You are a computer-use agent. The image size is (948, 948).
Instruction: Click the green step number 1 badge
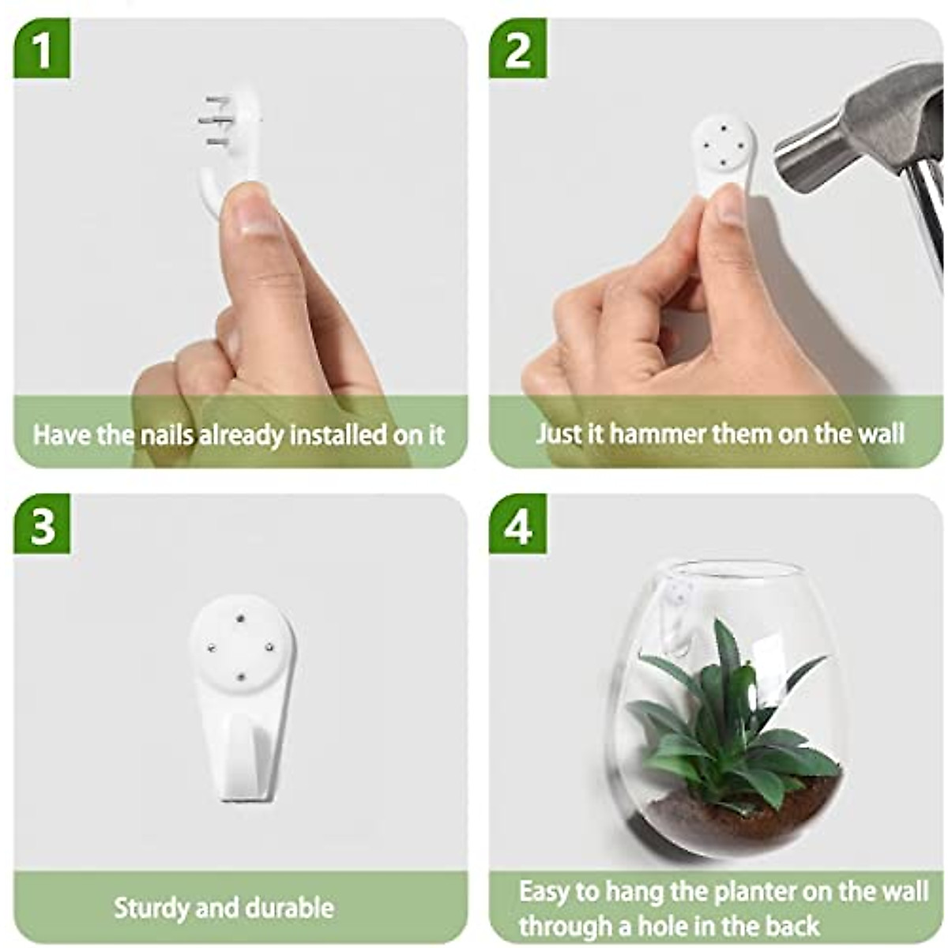pos(42,49)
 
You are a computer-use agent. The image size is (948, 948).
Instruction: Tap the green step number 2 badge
pos(517,49)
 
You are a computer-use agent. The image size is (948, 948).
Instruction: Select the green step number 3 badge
pos(42,524)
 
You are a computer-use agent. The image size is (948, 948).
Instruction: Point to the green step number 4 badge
pos(517,524)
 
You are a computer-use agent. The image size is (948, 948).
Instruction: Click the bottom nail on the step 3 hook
pos(241,676)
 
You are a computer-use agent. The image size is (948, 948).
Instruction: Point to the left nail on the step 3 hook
pos(212,649)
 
